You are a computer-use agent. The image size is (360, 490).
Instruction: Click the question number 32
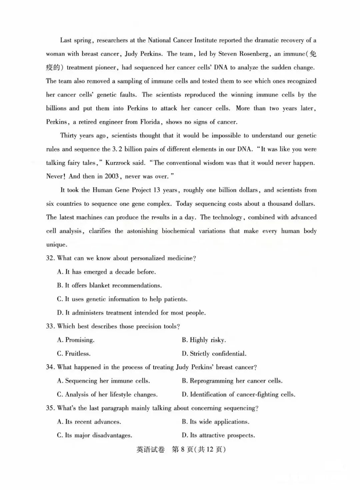tap(50, 258)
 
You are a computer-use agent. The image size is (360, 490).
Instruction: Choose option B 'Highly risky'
tap(204, 340)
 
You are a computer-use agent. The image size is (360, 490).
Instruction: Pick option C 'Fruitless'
tap(74, 354)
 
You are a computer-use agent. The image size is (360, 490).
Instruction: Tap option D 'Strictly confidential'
tap(214, 354)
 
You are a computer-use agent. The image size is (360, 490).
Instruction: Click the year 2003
tap(112, 176)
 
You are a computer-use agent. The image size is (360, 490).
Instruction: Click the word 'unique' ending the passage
tap(56, 245)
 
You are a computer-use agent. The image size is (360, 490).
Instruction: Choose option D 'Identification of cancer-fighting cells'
tap(238, 395)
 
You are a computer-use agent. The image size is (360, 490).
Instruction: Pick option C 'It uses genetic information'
tap(122, 299)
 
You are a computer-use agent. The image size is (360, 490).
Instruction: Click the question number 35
tap(50, 408)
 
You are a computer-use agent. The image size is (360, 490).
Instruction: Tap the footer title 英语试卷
tap(150, 449)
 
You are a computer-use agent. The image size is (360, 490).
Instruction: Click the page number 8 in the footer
tap(183, 449)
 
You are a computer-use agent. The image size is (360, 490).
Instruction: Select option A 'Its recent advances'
tap(89, 422)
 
